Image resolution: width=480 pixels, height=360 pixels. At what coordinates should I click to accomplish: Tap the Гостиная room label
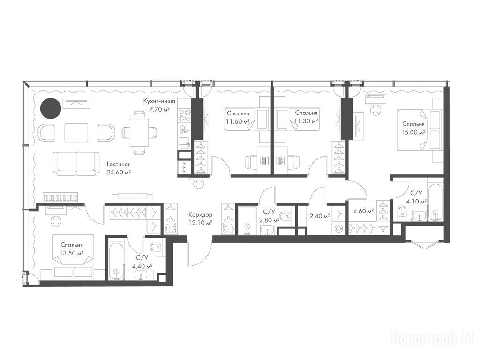pyautogui.click(x=119, y=164)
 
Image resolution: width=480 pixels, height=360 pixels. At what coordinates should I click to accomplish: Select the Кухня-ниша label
pyautogui.click(x=159, y=101)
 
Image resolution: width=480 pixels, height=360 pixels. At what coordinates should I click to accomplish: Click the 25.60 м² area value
pyautogui.click(x=119, y=172)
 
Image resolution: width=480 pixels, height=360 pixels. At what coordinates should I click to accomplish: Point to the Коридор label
pyautogui.click(x=200, y=215)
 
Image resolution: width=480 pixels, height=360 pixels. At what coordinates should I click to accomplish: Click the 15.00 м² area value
pyautogui.click(x=413, y=132)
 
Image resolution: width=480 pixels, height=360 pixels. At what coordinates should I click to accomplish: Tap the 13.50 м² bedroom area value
pyautogui.click(x=72, y=253)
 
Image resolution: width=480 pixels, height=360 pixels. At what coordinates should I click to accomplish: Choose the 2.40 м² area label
pyautogui.click(x=320, y=216)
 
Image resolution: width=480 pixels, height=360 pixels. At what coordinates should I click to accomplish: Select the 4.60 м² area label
pyautogui.click(x=363, y=211)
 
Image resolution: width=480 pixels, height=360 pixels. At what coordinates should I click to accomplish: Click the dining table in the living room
pyautogui.click(x=140, y=132)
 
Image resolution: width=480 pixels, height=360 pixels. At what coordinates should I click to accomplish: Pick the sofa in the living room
pyautogui.click(x=76, y=164)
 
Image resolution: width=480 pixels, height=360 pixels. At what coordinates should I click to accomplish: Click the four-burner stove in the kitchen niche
pyautogui.click(x=184, y=116)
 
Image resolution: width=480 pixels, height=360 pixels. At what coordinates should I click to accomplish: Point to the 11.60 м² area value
pyautogui.click(x=238, y=121)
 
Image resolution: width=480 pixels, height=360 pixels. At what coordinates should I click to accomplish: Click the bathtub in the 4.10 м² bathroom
pyautogui.click(x=435, y=202)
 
